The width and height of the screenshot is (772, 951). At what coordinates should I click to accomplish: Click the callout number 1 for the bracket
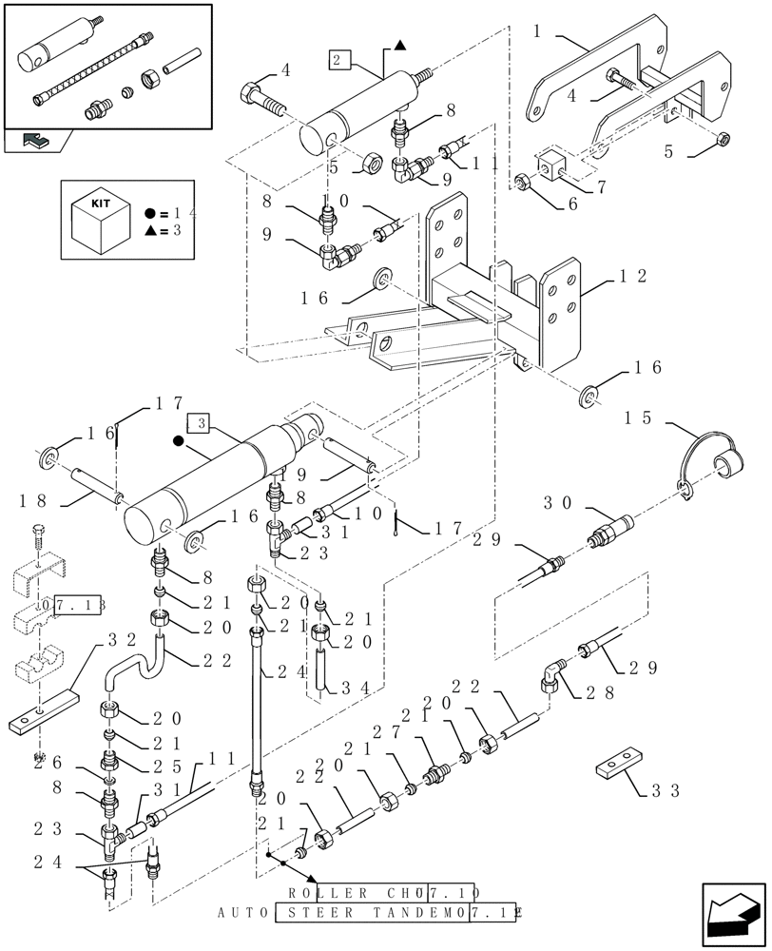coord(537,31)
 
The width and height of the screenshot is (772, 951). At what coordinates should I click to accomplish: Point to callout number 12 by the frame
coord(633,277)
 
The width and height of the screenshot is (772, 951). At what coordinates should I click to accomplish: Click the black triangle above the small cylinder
coord(400,45)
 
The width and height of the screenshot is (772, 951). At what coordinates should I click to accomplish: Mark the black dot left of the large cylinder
coord(178,441)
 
